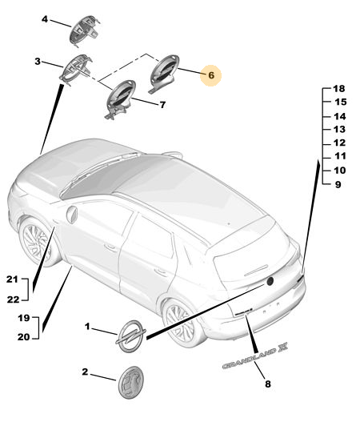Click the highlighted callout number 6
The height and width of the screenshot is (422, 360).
[211, 75]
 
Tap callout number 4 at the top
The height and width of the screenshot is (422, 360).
[45, 19]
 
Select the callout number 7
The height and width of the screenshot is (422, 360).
[162, 105]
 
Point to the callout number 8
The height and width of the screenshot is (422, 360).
[267, 384]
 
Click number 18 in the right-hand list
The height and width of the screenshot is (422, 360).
[338, 88]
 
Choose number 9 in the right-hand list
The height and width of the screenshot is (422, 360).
[338, 184]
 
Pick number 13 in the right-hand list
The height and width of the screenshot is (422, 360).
[339, 130]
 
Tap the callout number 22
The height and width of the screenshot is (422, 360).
[13, 299]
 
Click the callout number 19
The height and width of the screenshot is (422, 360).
[24, 318]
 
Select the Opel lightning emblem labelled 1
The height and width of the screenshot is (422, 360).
[131, 336]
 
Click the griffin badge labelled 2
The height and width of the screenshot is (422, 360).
[130, 382]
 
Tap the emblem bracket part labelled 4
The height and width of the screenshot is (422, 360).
[84, 30]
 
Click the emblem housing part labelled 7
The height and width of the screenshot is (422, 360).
[120, 99]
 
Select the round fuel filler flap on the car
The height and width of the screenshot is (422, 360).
[72, 215]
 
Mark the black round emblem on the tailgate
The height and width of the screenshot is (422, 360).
[270, 281]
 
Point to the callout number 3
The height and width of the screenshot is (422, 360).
[38, 62]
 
